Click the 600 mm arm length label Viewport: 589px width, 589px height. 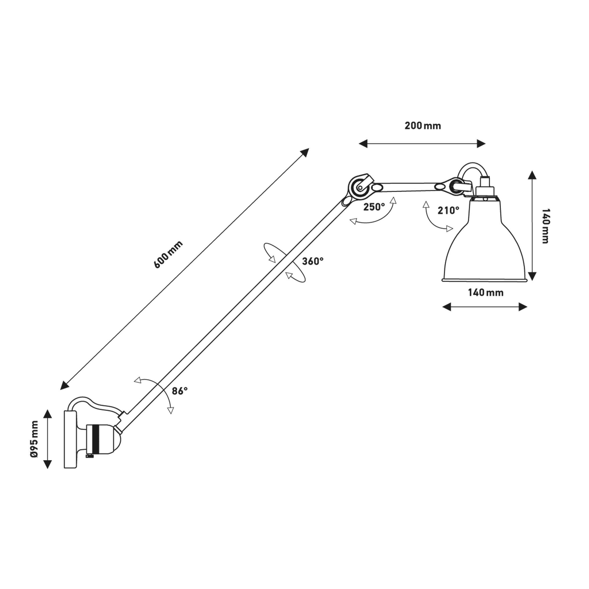168,254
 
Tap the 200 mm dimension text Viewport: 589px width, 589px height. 422,126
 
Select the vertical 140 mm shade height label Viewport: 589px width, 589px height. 546,226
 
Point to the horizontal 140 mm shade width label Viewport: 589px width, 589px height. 486,293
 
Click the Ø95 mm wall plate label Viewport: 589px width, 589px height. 34,439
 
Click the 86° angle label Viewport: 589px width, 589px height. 180,391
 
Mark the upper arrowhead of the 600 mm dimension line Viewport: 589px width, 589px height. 305,152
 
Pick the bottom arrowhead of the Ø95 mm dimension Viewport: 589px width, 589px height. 47,464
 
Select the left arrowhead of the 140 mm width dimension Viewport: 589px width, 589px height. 447,307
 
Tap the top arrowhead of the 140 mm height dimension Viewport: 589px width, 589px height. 532,175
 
